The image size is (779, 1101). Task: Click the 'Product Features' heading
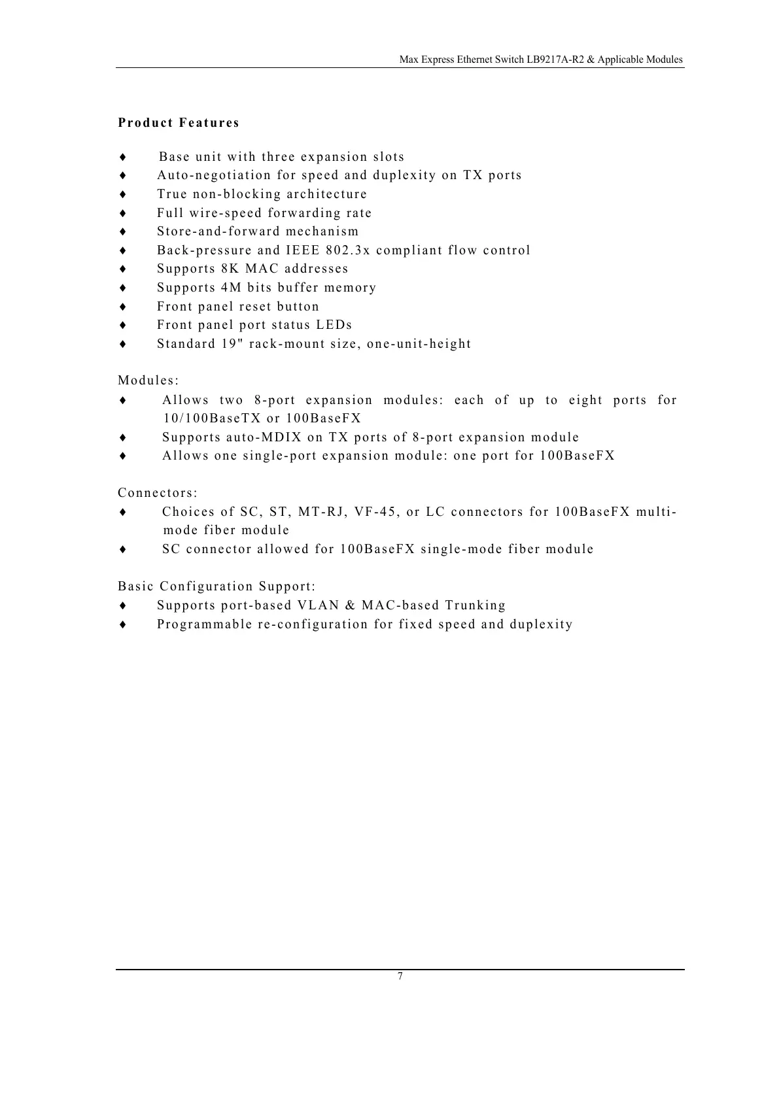coord(179,123)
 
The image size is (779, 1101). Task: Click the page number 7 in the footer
coord(400,976)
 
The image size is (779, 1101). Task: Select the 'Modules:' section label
coord(148,381)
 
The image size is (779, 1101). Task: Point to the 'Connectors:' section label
coord(158,493)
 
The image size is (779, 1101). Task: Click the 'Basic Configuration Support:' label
coord(216,586)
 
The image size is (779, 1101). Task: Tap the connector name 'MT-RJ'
coord(321,512)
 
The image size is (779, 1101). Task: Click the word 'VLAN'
coord(318,605)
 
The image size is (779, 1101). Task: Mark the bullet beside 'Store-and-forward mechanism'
coord(122,232)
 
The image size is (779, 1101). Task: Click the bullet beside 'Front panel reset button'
coord(122,307)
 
